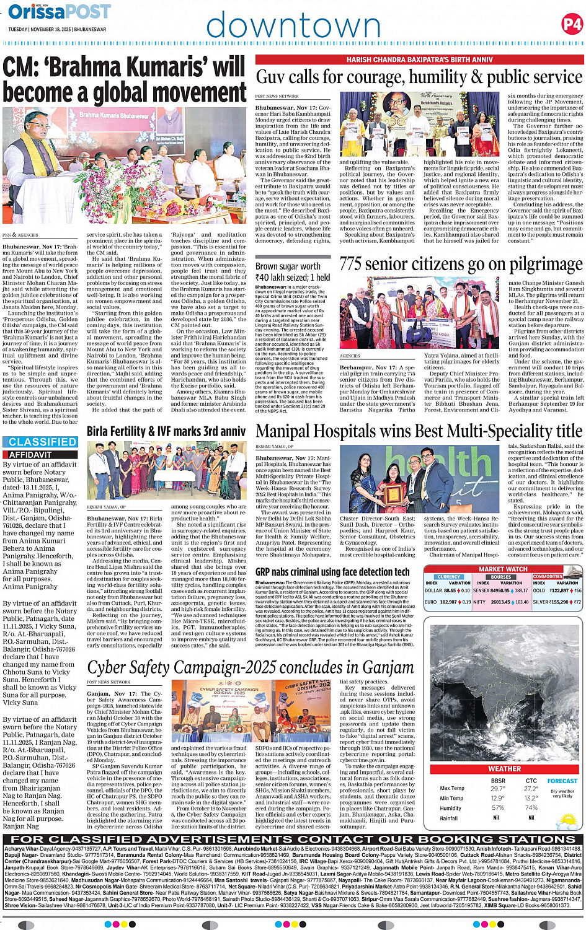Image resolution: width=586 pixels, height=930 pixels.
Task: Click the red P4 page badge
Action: (572, 24)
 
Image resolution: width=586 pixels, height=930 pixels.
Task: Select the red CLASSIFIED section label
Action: (42, 442)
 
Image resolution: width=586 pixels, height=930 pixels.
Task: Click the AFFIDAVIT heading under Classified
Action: (30, 454)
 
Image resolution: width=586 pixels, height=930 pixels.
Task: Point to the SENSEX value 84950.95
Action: (500, 590)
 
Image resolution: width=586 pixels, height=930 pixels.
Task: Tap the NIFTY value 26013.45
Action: (500, 602)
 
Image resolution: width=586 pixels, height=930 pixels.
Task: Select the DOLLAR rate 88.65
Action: (450, 590)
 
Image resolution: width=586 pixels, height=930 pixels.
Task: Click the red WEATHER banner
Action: (504, 769)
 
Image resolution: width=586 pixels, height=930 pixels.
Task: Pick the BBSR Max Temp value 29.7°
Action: (497, 789)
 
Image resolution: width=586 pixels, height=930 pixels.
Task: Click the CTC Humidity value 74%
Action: (531, 808)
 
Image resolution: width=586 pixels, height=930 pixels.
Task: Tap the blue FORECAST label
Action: (562, 781)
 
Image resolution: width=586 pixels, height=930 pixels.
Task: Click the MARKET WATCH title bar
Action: (503, 569)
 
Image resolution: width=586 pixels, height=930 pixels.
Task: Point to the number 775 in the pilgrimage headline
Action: (350, 264)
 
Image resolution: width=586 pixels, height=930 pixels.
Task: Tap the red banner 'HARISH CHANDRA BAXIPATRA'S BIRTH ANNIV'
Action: (419, 59)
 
